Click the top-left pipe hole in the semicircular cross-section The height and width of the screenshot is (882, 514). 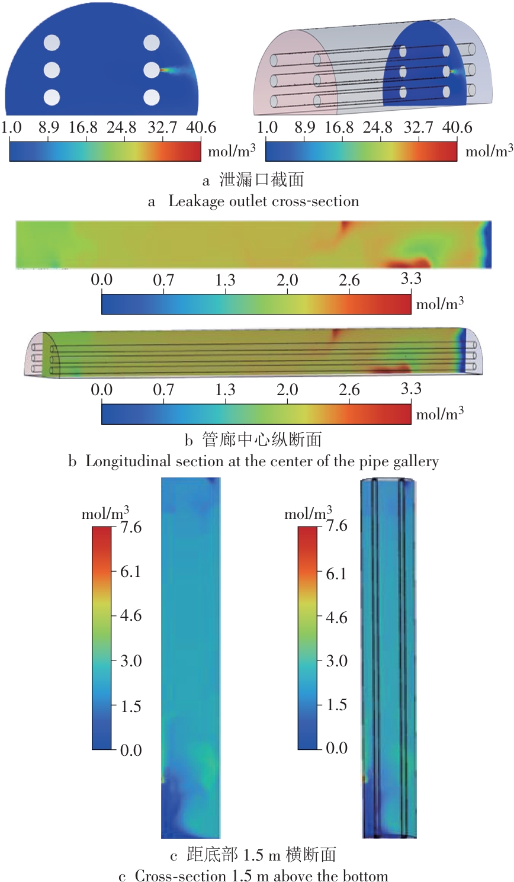(x=52, y=43)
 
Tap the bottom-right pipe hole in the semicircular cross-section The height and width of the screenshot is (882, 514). (x=152, y=97)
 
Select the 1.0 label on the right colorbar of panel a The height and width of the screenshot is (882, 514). (x=268, y=127)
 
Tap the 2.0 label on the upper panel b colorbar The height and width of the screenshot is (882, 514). (x=287, y=280)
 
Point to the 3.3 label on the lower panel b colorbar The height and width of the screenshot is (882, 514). (x=411, y=389)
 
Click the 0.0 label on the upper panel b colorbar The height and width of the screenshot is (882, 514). (x=102, y=280)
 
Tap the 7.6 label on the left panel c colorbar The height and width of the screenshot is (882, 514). (x=130, y=527)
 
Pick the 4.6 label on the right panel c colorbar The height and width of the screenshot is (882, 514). (x=336, y=617)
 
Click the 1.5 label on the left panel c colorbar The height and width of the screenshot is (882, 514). (x=130, y=706)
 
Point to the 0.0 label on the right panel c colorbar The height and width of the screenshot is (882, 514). (x=336, y=748)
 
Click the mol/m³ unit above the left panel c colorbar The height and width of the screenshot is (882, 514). (x=105, y=513)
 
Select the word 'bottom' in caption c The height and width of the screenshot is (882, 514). (x=365, y=875)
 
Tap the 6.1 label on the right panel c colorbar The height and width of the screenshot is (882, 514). (x=336, y=573)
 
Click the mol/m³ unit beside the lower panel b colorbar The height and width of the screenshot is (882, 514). (x=440, y=413)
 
